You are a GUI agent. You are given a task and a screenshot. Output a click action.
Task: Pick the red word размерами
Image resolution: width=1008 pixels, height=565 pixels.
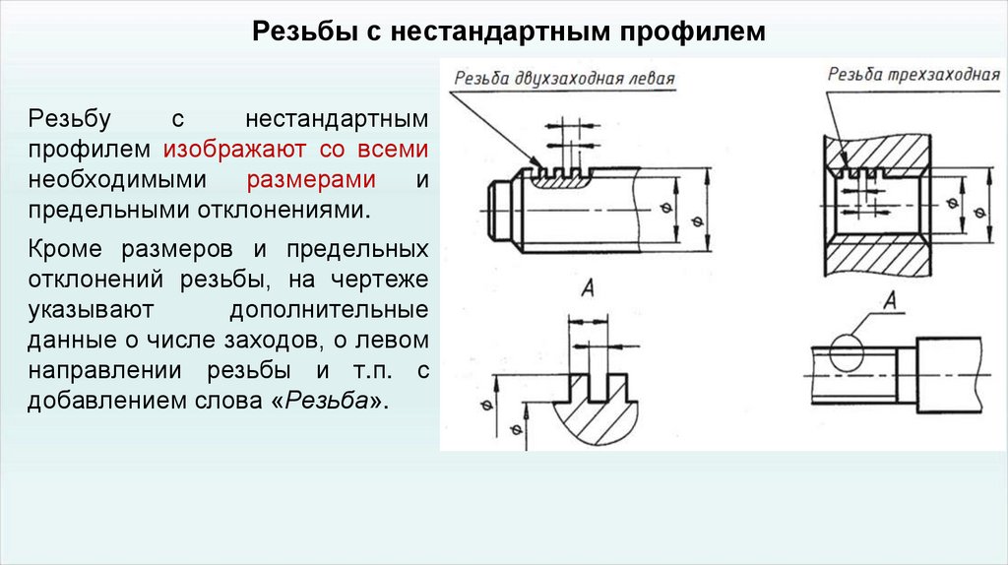tap(310, 181)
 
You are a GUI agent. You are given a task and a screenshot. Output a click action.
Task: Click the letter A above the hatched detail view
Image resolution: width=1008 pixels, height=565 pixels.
tap(588, 287)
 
